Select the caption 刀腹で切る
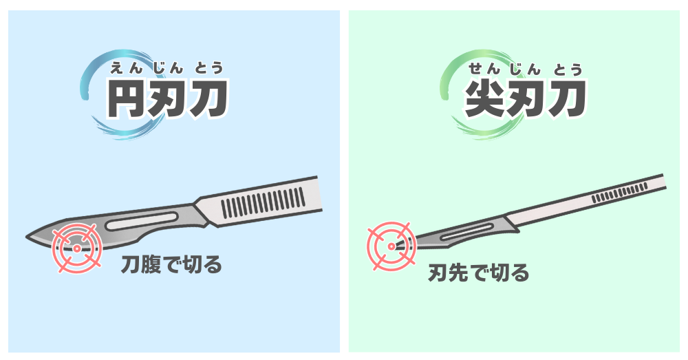click(x=171, y=265)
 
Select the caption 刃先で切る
click(x=478, y=273)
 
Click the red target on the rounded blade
click(x=77, y=248)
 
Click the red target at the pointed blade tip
click(x=391, y=246)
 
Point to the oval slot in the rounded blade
click(x=142, y=221)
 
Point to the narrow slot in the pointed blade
click(x=466, y=231)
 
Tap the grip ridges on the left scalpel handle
click(x=262, y=202)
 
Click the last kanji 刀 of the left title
click(x=208, y=99)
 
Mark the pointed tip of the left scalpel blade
click(x=27, y=237)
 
